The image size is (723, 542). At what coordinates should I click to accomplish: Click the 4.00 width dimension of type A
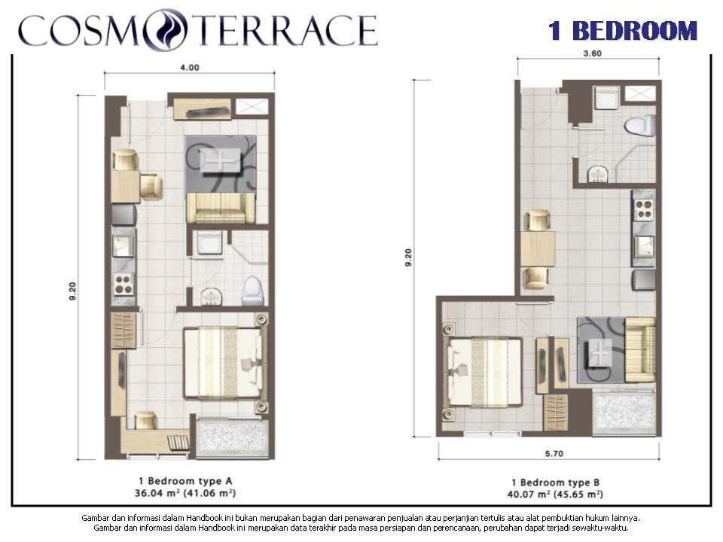(x=189, y=68)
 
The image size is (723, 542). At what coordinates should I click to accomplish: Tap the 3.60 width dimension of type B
(x=592, y=53)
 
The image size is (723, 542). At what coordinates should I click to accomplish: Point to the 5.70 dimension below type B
(x=554, y=453)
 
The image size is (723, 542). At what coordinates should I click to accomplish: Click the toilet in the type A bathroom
(x=253, y=291)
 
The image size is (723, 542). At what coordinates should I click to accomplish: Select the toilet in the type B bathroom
(x=640, y=126)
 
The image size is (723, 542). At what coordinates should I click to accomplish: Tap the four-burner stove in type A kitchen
(x=124, y=284)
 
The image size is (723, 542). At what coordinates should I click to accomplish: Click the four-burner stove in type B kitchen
(x=644, y=210)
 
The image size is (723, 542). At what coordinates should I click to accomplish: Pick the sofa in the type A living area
(x=221, y=208)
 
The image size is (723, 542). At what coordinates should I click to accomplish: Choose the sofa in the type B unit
(x=640, y=350)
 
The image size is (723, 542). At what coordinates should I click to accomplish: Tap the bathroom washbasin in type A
(x=211, y=297)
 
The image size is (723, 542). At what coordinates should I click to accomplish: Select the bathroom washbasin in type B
(x=597, y=174)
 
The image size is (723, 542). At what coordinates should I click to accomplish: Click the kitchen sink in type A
(x=124, y=246)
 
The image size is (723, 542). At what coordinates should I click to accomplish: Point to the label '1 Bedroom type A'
(x=185, y=481)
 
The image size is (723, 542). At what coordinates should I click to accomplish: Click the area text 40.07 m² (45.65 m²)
(x=555, y=495)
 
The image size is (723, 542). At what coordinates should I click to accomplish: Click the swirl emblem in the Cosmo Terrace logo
(x=166, y=29)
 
